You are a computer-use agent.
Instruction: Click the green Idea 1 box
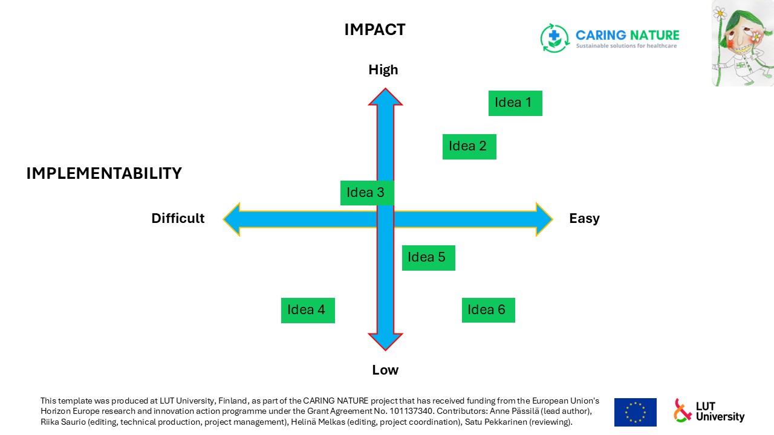[515, 103]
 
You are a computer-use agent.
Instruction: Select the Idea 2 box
[469, 147]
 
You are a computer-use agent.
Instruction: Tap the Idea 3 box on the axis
[367, 193]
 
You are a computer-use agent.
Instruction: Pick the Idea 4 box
[308, 311]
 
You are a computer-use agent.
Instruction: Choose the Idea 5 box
[429, 258]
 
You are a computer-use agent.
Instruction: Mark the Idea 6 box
[488, 310]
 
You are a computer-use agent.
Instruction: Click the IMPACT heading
[374, 30]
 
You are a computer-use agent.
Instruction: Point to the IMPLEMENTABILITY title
[104, 173]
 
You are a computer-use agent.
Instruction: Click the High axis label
[383, 70]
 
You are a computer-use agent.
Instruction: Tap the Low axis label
[385, 370]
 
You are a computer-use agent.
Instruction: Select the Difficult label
[178, 218]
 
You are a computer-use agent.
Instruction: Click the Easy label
[584, 219]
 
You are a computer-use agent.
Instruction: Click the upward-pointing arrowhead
[385, 97]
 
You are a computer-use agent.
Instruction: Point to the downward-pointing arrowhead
[385, 342]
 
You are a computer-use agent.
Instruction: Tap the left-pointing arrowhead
[232, 219]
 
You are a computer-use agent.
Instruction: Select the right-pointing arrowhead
[544, 219]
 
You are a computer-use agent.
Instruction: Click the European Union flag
[635, 412]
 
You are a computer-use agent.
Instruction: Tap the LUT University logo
[709, 411]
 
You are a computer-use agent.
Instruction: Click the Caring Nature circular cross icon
[554, 38]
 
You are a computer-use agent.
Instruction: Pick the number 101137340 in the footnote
[411, 411]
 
